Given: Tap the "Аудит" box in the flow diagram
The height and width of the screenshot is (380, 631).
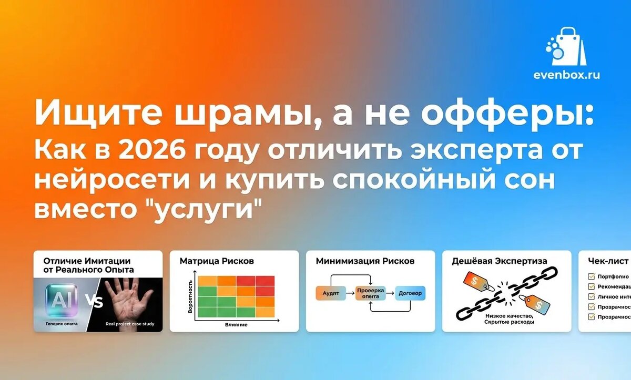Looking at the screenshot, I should pos(331,293).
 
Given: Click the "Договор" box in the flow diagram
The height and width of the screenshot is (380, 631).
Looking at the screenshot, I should pos(410,293).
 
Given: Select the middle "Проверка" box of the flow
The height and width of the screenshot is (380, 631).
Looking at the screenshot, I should pos(370,293).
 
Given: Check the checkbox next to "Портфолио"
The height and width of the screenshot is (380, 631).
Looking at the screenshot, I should pos(591,276).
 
